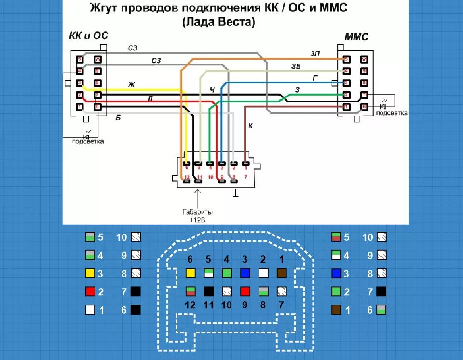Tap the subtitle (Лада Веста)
coord(219,22)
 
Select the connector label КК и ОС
coord(89,36)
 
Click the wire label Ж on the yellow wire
coord(131,84)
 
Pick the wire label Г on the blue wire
coord(315,77)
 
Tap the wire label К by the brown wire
coord(251,125)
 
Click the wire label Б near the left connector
coord(118,117)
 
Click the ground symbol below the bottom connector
coord(236,194)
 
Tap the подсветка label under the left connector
coord(88,142)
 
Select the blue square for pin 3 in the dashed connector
coord(245,273)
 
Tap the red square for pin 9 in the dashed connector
coord(245,291)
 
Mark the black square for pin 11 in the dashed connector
coord(209,291)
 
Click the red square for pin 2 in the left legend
coord(90,291)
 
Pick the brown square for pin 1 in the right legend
coord(337,310)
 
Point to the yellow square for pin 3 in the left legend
coord(90,274)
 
